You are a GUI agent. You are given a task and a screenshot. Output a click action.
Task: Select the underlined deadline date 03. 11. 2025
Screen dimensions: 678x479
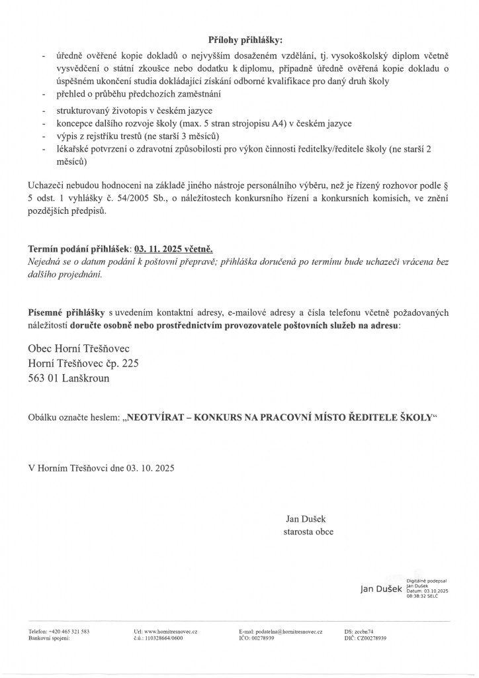click(x=161, y=249)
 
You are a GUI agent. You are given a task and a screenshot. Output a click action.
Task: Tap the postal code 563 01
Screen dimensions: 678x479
click(x=45, y=379)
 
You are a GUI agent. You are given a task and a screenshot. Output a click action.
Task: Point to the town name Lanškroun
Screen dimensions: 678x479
click(x=87, y=379)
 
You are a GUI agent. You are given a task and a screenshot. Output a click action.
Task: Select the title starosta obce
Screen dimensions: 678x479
click(x=308, y=532)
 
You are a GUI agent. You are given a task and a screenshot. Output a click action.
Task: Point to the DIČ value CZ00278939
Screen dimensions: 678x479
click(x=372, y=639)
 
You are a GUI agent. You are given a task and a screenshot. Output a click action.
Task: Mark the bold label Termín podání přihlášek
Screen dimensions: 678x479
click(x=79, y=249)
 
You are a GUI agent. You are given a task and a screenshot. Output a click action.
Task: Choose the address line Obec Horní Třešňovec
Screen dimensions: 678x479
click(x=79, y=348)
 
